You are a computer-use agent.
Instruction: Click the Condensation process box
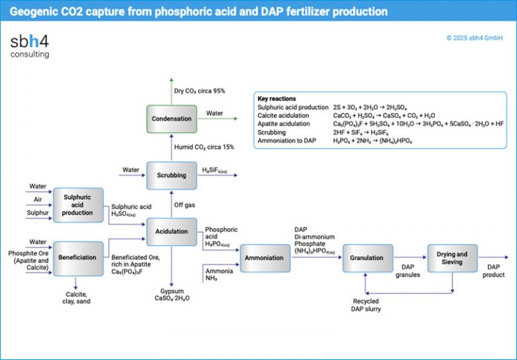click(171, 119)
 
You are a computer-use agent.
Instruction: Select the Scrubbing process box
click(171, 175)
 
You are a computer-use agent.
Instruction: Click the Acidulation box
click(171, 231)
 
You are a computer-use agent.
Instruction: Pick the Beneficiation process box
click(77, 258)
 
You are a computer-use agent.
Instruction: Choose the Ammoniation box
click(264, 258)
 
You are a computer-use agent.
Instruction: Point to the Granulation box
click(367, 258)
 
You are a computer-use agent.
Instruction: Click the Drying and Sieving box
click(452, 258)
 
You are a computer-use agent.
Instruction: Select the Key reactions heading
click(277, 99)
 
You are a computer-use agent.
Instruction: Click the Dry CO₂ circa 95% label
click(199, 91)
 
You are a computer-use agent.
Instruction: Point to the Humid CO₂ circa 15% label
click(203, 147)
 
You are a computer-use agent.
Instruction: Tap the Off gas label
click(184, 205)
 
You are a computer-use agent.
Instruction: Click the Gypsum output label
click(172, 293)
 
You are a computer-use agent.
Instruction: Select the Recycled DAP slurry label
click(366, 305)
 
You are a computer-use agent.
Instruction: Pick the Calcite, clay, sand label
click(78, 297)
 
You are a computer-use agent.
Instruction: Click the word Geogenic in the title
click(30, 11)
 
